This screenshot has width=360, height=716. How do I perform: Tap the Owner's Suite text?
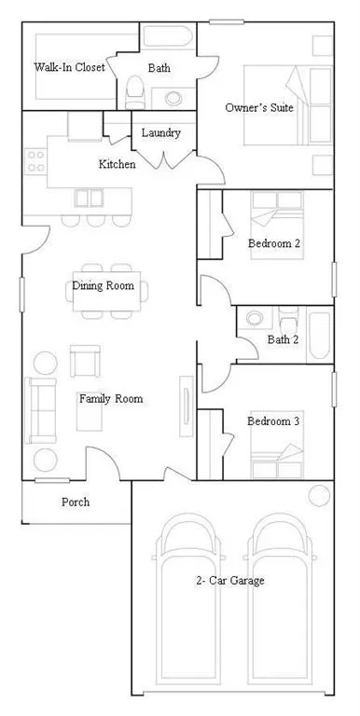[259, 108]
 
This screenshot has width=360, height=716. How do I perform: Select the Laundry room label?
[160, 133]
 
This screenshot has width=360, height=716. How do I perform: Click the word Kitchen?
[118, 164]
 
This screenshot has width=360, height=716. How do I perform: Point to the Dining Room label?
[103, 286]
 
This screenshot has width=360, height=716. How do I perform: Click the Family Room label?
[110, 399]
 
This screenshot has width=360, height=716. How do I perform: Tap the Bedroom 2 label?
[273, 244]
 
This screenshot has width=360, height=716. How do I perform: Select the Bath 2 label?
[282, 339]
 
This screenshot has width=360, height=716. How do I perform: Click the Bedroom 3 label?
[273, 421]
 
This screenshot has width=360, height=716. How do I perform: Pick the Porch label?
[76, 503]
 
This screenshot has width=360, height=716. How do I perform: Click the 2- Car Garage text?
[230, 581]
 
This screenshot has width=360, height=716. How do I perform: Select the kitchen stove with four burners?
[36, 161]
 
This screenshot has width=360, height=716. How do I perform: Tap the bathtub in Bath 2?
[319, 335]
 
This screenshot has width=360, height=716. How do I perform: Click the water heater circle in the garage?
[318, 495]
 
